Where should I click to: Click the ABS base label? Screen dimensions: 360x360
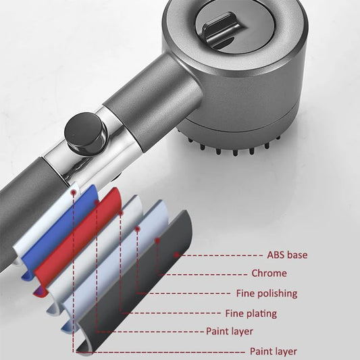point(287,255)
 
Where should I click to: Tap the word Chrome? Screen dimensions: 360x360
point(269,274)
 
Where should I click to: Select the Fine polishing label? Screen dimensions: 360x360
point(267,294)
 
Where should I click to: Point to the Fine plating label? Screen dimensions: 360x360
point(251,313)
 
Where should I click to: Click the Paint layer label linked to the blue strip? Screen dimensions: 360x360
point(230,332)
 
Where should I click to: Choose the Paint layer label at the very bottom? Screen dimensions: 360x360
point(274,351)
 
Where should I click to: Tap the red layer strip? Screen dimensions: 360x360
point(78,241)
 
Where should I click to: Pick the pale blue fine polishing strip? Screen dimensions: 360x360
point(115,264)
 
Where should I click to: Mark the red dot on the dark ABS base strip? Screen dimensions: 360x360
point(176,255)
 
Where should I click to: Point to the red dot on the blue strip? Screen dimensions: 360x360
point(97,203)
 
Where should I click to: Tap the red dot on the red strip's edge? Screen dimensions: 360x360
point(120,213)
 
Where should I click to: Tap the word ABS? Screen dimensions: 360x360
point(276,255)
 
